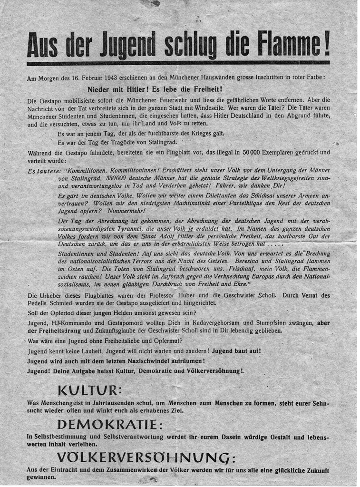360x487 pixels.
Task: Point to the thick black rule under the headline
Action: [178, 63]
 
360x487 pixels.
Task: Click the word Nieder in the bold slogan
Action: [99, 89]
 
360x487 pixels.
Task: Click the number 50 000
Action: [252, 153]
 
